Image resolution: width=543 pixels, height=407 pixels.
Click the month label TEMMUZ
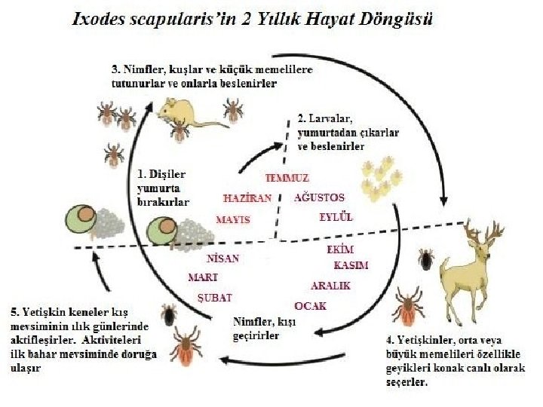tap(287, 178)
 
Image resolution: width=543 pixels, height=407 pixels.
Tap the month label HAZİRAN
tap(247, 198)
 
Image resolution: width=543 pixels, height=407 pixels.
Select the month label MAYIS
tap(232, 219)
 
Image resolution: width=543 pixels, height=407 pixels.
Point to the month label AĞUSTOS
tap(318, 197)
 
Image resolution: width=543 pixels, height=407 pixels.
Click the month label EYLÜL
tap(336, 217)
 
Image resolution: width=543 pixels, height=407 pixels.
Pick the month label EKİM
tap(340, 249)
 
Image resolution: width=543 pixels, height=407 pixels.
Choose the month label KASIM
tap(351, 265)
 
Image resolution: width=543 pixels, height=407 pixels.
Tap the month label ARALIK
tap(331, 286)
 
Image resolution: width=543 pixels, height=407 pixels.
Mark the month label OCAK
tap(310, 305)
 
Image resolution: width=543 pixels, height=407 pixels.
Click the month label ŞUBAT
tap(214, 298)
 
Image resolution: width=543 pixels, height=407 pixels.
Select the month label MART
tap(203, 277)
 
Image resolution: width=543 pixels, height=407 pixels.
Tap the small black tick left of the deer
tap(427, 260)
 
